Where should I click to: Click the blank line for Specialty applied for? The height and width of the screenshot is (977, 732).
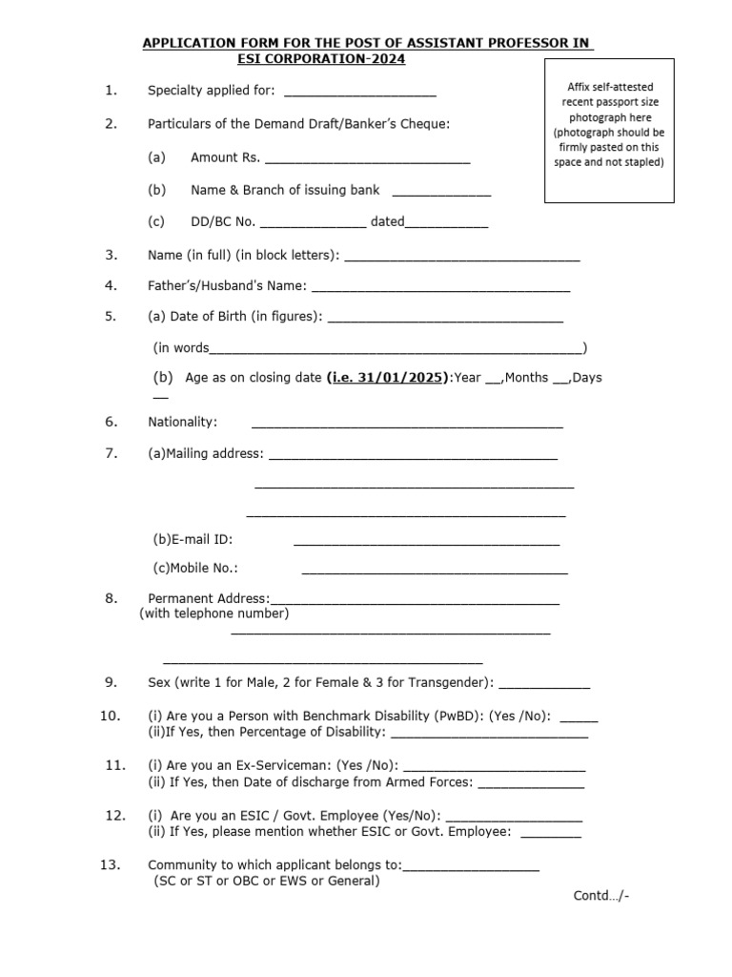pyautogui.click(x=360, y=94)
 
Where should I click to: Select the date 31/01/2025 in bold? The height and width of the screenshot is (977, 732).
pyautogui.click(x=387, y=378)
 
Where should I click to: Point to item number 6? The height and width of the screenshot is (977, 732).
pyautogui.click(x=112, y=422)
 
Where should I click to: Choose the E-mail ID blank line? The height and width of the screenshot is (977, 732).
pyautogui.click(x=426, y=543)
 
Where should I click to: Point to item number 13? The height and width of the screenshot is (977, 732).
pyautogui.click(x=110, y=864)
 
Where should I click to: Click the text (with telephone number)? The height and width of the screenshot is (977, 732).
pyautogui.click(x=214, y=613)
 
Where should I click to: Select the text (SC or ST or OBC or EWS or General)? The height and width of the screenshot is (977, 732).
pyautogui.click(x=267, y=882)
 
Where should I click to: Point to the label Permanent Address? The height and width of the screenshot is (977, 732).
pyautogui.click(x=209, y=599)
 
